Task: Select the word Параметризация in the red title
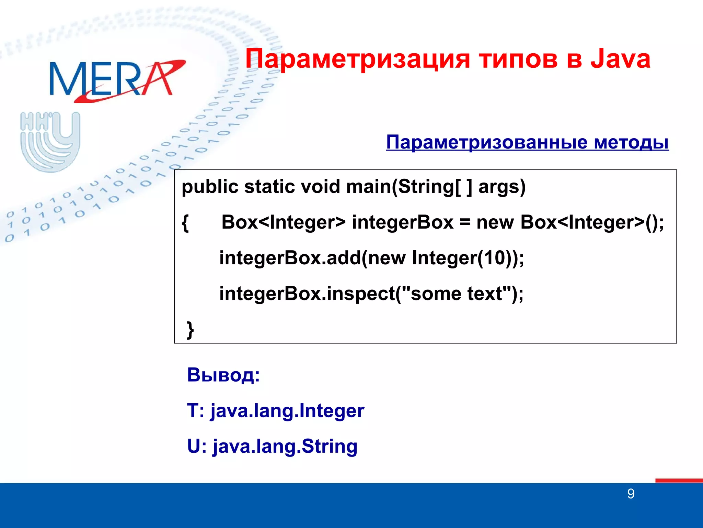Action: tap(357, 59)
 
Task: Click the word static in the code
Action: tap(269, 187)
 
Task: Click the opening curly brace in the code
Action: tap(185, 223)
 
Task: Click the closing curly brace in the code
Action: tap(190, 330)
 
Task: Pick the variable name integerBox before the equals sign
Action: tap(402, 222)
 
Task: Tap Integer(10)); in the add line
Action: tap(468, 258)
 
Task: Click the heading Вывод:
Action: tap(223, 375)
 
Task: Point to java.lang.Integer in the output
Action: tap(287, 411)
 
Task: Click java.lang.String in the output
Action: tap(285, 446)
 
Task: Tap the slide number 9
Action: tap(631, 494)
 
